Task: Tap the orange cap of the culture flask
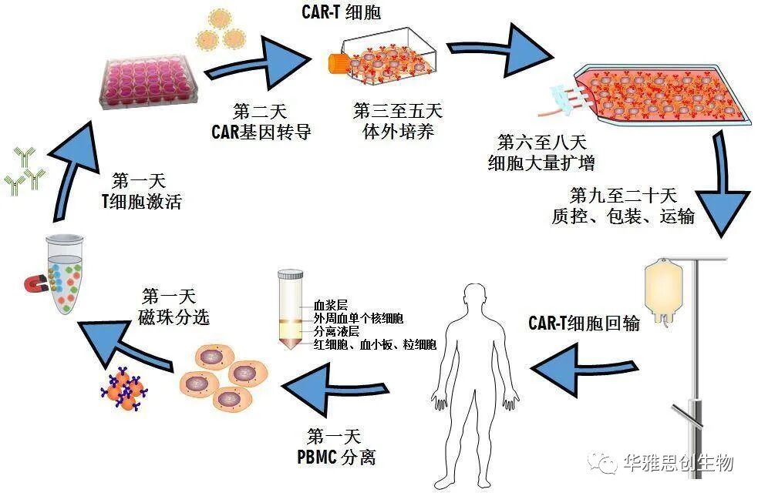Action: (337, 62)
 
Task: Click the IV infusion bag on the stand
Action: (666, 292)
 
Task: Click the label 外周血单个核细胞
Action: (359, 318)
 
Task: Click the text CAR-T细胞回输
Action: (584, 323)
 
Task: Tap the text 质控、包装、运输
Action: (623, 216)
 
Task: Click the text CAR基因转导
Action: (261, 131)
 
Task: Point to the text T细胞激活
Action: (141, 202)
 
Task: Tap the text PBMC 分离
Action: (336, 457)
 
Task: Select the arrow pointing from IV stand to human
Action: (585, 363)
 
